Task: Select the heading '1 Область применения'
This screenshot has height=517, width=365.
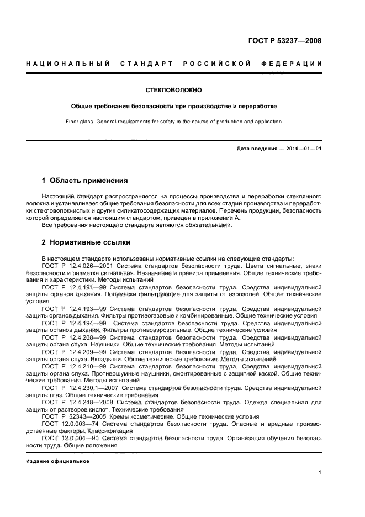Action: pyautogui.click(x=85, y=181)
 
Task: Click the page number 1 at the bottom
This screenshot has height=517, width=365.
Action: pyautogui.click(x=320, y=472)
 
